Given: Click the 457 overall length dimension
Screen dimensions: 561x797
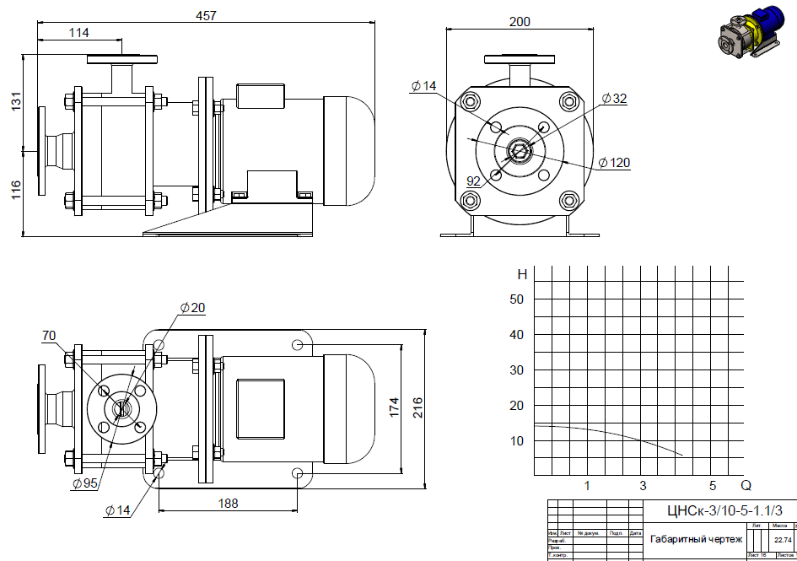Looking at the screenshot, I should [206, 15].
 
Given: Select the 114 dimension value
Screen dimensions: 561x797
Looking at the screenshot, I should [78, 33].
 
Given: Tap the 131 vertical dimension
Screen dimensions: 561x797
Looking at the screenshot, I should [16, 104].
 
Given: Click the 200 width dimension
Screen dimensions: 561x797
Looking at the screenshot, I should [520, 21].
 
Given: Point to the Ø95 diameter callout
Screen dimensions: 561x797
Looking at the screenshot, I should [87, 483].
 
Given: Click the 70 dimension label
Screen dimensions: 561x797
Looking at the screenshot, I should [49, 336].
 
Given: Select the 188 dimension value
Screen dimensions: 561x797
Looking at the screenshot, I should [227, 503].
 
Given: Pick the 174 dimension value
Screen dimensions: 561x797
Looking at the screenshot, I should [393, 407].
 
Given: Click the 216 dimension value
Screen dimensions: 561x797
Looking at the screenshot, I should [418, 407].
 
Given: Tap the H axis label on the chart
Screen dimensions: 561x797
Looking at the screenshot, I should [522, 274].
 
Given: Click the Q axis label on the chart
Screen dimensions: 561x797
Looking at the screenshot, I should [746, 485].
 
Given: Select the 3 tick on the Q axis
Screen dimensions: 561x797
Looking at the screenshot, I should [643, 485].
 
